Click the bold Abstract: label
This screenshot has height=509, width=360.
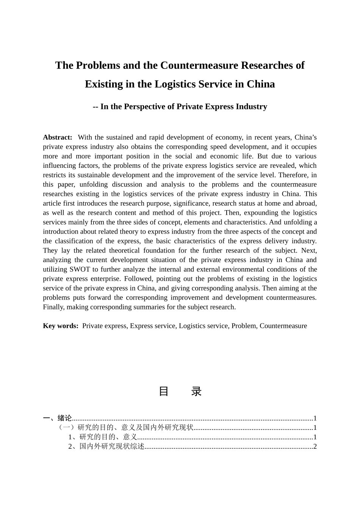[58, 137]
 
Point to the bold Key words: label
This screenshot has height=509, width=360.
[61, 326]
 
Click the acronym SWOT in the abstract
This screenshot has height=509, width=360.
[80, 270]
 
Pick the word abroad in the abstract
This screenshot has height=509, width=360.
[305, 203]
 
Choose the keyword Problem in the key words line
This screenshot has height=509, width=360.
[243, 326]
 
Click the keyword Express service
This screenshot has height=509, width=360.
[153, 326]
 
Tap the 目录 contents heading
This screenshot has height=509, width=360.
[180, 391]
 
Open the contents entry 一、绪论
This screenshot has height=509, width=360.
[58, 418]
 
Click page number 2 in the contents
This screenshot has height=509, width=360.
[315, 447]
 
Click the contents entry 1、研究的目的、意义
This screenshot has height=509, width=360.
[102, 437]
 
